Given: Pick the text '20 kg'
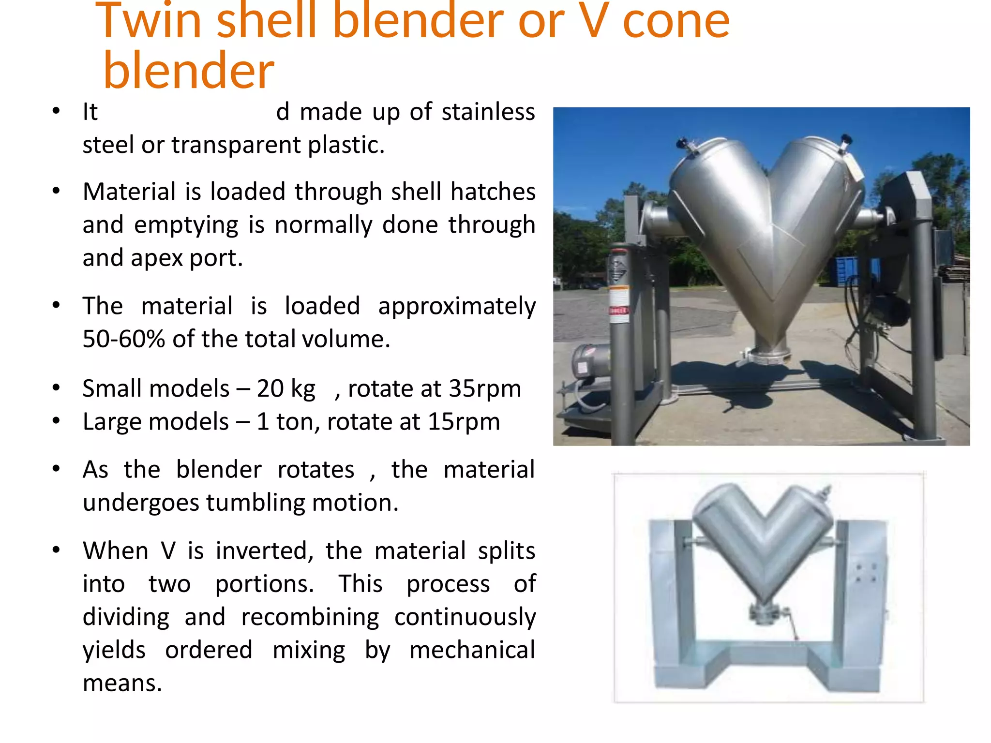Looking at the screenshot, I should click(x=286, y=388).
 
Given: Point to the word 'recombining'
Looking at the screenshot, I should click(x=310, y=617).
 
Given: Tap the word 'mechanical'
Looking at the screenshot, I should click(x=472, y=650).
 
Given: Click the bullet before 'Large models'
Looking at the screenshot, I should click(x=57, y=421).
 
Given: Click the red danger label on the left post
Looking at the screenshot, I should click(x=618, y=310).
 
